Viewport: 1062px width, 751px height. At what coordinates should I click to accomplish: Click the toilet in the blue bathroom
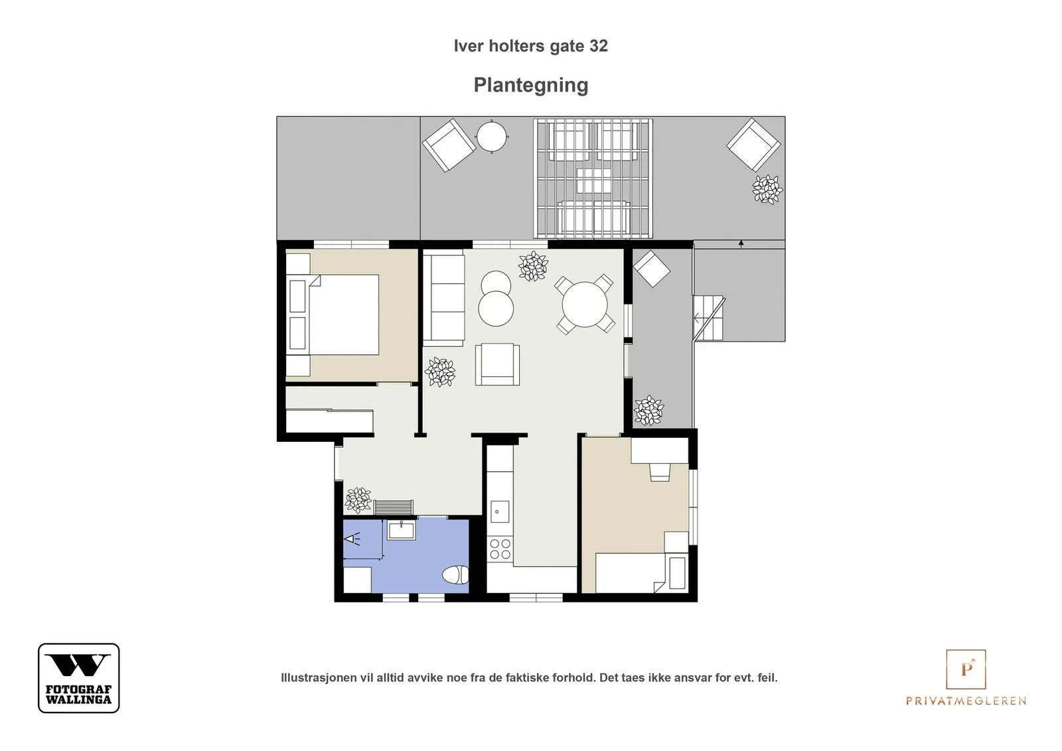(456, 575)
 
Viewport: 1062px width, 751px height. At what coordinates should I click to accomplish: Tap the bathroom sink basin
(401, 529)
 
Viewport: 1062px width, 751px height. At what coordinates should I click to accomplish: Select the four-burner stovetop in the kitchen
(500, 549)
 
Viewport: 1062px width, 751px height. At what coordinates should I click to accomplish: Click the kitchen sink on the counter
(499, 512)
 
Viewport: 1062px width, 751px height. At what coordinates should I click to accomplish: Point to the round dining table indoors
(585, 305)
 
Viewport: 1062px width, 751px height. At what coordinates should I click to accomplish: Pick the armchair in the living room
(497, 364)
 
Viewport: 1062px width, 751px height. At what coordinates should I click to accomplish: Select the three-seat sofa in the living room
(443, 301)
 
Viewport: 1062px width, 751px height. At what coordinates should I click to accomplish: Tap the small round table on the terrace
(492, 137)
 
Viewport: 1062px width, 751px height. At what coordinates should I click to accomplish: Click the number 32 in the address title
(598, 46)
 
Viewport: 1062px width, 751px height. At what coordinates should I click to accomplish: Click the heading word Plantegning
(530, 86)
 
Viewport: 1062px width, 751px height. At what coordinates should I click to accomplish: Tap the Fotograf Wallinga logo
(79, 677)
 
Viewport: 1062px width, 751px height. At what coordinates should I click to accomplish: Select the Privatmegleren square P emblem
(966, 669)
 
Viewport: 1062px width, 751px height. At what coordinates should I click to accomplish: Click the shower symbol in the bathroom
(352, 539)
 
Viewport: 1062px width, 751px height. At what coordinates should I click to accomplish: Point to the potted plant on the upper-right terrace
(767, 190)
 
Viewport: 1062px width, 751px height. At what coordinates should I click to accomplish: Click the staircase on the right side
(708, 318)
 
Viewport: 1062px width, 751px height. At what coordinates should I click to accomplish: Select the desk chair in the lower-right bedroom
(660, 472)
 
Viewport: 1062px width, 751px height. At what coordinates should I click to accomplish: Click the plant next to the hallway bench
(358, 500)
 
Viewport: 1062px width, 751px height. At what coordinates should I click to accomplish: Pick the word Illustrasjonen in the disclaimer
(319, 677)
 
